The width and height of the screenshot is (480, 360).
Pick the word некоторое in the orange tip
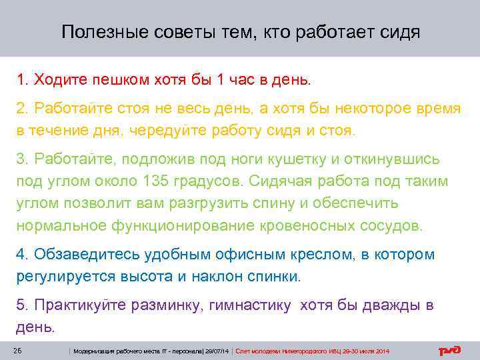tap(361, 109)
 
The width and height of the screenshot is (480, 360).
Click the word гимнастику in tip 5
tap(251, 306)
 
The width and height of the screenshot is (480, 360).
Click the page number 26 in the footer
tap(19, 351)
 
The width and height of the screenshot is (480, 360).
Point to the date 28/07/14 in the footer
tap(217, 351)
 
